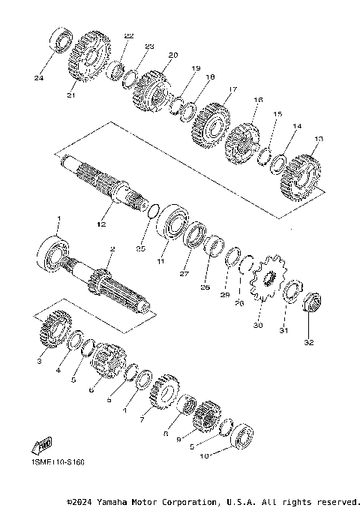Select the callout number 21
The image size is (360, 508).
[x=72, y=95]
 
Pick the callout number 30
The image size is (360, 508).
[x=259, y=325]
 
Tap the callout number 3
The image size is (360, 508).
[x=40, y=361]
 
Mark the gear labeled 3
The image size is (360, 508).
[x=55, y=329]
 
